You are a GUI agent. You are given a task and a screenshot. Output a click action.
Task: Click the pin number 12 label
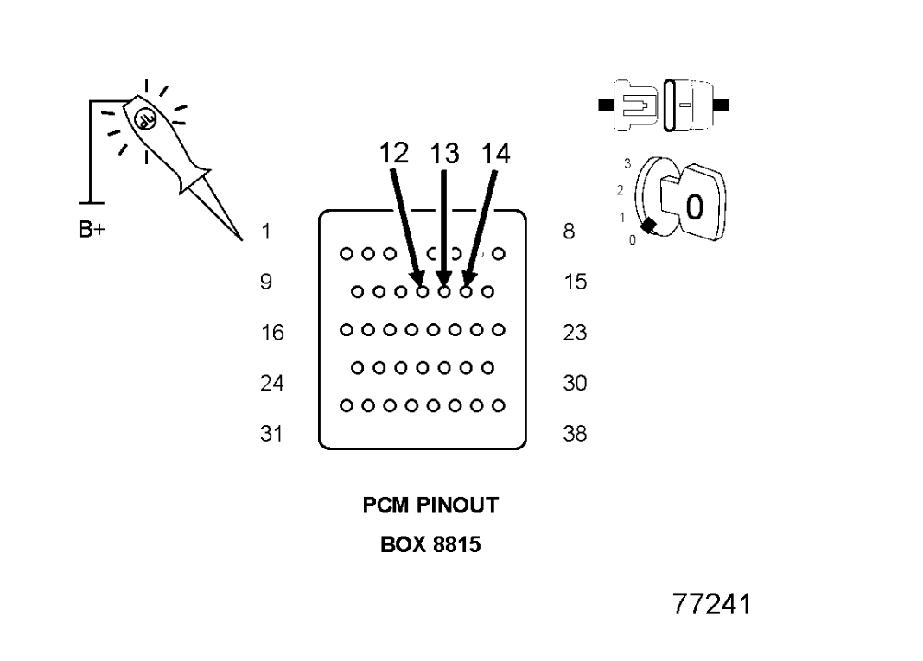(392, 155)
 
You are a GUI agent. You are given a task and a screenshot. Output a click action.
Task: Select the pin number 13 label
(444, 155)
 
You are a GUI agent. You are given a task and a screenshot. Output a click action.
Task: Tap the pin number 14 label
(496, 155)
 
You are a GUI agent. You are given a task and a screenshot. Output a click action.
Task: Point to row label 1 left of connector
(267, 232)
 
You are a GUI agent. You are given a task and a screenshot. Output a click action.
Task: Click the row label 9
(267, 282)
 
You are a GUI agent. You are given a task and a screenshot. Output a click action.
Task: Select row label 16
(271, 333)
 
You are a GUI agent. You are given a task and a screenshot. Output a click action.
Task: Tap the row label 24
(271, 383)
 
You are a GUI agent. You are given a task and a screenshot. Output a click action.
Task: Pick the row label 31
(271, 434)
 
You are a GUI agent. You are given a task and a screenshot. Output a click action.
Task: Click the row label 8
(569, 232)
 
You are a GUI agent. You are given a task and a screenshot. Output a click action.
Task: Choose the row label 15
(575, 282)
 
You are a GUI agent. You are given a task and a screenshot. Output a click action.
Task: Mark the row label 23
(575, 333)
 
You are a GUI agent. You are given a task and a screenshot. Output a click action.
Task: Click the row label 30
(575, 383)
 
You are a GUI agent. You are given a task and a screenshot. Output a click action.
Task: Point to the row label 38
(575, 434)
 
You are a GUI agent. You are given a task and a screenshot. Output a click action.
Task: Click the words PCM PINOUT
(430, 506)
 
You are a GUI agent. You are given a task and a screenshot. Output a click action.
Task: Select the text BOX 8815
(430, 545)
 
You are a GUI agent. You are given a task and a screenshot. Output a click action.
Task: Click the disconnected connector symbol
(662, 105)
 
